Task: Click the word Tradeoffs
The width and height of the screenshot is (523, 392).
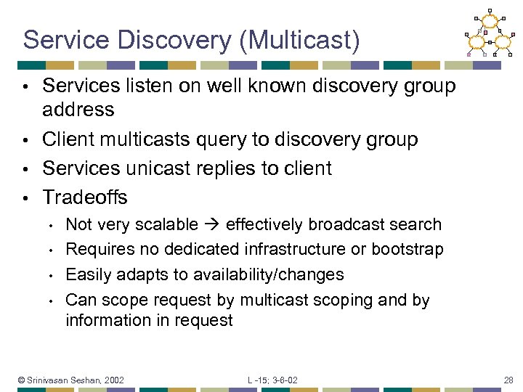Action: [x=85, y=197]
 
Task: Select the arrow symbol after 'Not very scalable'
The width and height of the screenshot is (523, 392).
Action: [x=211, y=225]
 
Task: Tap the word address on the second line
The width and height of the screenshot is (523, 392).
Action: [x=78, y=110]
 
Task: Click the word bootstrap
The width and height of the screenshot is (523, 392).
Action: [x=407, y=250]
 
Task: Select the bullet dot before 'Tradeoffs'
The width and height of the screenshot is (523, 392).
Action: [x=25, y=198]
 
